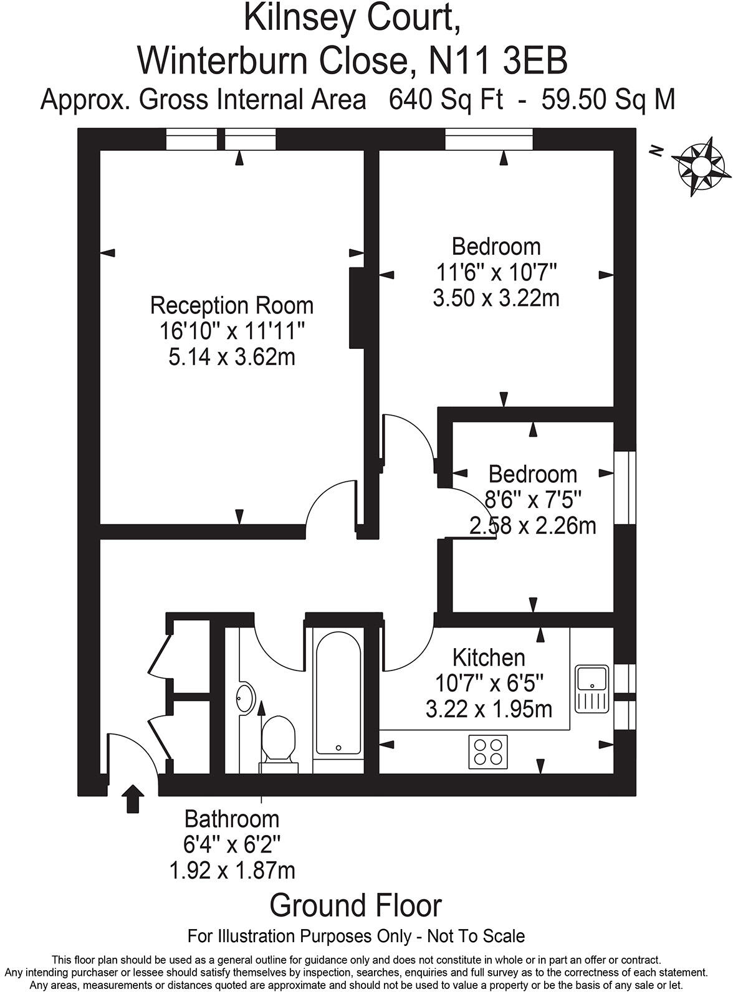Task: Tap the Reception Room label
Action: coord(232,306)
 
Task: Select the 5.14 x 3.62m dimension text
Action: coord(232,358)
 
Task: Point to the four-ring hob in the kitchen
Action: coord(488,751)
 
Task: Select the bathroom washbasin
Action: coord(246,698)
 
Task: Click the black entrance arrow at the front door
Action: coord(132,799)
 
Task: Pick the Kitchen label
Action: coord(489,657)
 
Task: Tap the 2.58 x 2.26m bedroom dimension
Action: coord(533,526)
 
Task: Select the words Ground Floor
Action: coord(356,905)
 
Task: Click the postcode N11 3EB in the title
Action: coord(499,60)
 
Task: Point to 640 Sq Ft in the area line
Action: coord(445,100)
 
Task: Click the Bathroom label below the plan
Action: coord(232,818)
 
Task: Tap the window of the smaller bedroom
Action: coord(625,487)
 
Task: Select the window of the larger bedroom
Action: coord(489,140)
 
